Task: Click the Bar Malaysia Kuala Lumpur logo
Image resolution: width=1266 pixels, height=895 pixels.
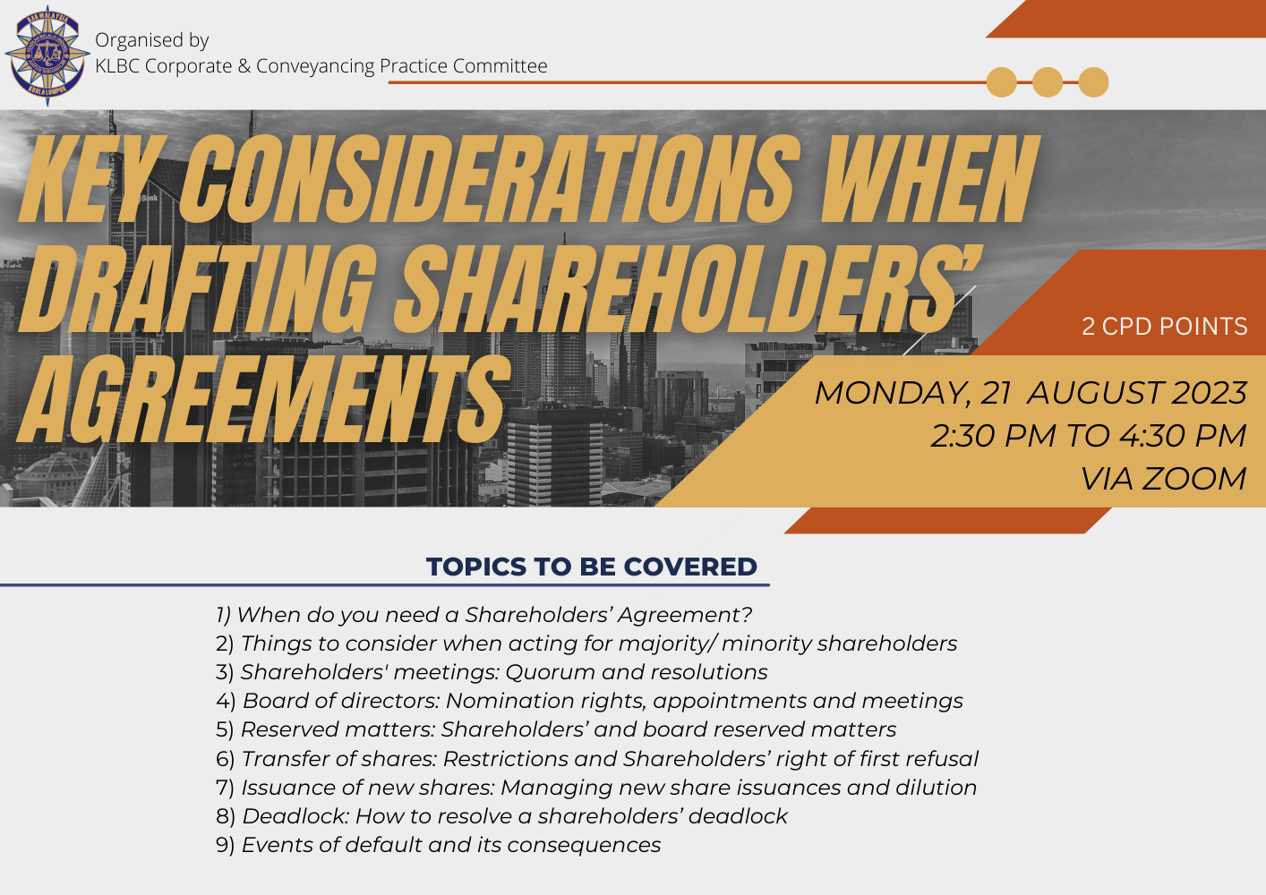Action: pos(47,55)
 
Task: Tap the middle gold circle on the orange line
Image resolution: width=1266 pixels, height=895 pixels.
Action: pos(1048,82)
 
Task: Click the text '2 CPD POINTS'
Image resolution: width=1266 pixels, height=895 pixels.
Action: pos(1164,327)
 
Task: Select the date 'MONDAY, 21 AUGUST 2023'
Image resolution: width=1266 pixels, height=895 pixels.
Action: pos(1031,393)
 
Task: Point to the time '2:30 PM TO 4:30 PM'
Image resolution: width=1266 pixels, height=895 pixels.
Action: pos(1089,436)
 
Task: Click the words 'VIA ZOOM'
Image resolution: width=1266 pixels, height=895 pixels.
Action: pos(1164,479)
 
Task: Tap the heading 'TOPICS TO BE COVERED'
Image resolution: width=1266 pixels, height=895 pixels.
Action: pos(591,567)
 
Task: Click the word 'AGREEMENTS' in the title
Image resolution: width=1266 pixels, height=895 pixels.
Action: pos(264,400)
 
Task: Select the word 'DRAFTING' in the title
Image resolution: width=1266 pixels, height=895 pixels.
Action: pos(198,289)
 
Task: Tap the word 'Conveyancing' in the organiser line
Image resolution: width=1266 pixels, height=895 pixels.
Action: pos(315,66)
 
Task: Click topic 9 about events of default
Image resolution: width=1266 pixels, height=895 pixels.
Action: pos(438,845)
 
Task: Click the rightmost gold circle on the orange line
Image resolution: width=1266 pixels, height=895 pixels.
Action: pos(1093,82)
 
